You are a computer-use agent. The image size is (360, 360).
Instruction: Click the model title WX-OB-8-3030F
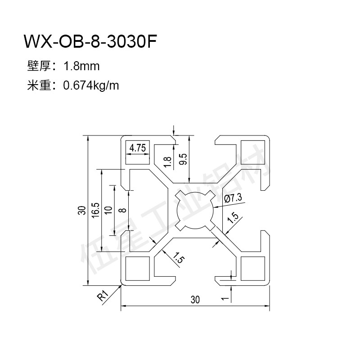coord(90,41)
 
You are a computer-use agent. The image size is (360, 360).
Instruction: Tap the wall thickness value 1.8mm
coord(81,66)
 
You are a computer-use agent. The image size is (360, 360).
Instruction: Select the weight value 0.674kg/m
coord(91,86)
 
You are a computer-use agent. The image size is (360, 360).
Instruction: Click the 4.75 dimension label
coord(138,148)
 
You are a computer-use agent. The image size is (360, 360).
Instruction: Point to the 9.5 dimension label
coord(184,159)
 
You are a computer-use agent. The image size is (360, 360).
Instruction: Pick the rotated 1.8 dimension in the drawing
coord(167,162)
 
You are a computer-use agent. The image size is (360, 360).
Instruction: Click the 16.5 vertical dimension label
coord(95,210)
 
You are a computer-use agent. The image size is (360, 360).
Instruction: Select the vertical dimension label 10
coord(108,210)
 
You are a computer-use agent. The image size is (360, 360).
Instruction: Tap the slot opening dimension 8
coord(123,210)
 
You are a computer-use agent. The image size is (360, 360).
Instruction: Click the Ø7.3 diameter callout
coord(233,198)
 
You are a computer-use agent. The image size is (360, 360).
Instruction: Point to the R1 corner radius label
coord(103,296)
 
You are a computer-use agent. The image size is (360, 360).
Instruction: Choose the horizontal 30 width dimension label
coord(195,300)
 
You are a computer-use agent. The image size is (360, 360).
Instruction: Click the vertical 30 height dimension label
coord(82,210)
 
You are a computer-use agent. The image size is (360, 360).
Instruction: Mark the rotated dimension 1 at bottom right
coord(225,298)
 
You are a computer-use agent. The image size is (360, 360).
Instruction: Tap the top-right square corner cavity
coord(253,152)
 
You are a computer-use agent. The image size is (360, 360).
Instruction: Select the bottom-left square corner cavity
coord(138,268)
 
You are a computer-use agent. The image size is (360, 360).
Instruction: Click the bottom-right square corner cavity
coord(253,268)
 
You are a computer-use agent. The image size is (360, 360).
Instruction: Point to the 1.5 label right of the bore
coord(233,217)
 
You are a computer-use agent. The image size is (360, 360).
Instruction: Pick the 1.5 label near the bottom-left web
coord(178,257)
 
